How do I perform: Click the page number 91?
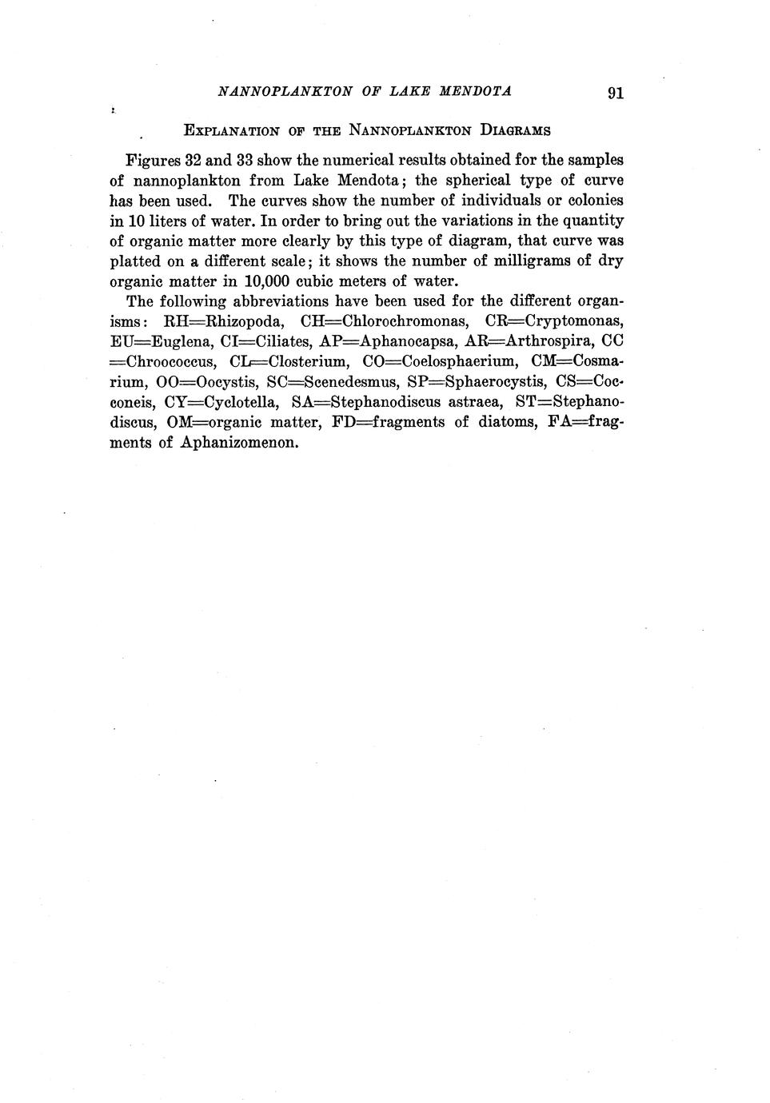click(615, 93)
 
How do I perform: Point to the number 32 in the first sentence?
click(187, 160)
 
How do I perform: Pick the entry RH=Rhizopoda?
click(223, 321)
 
